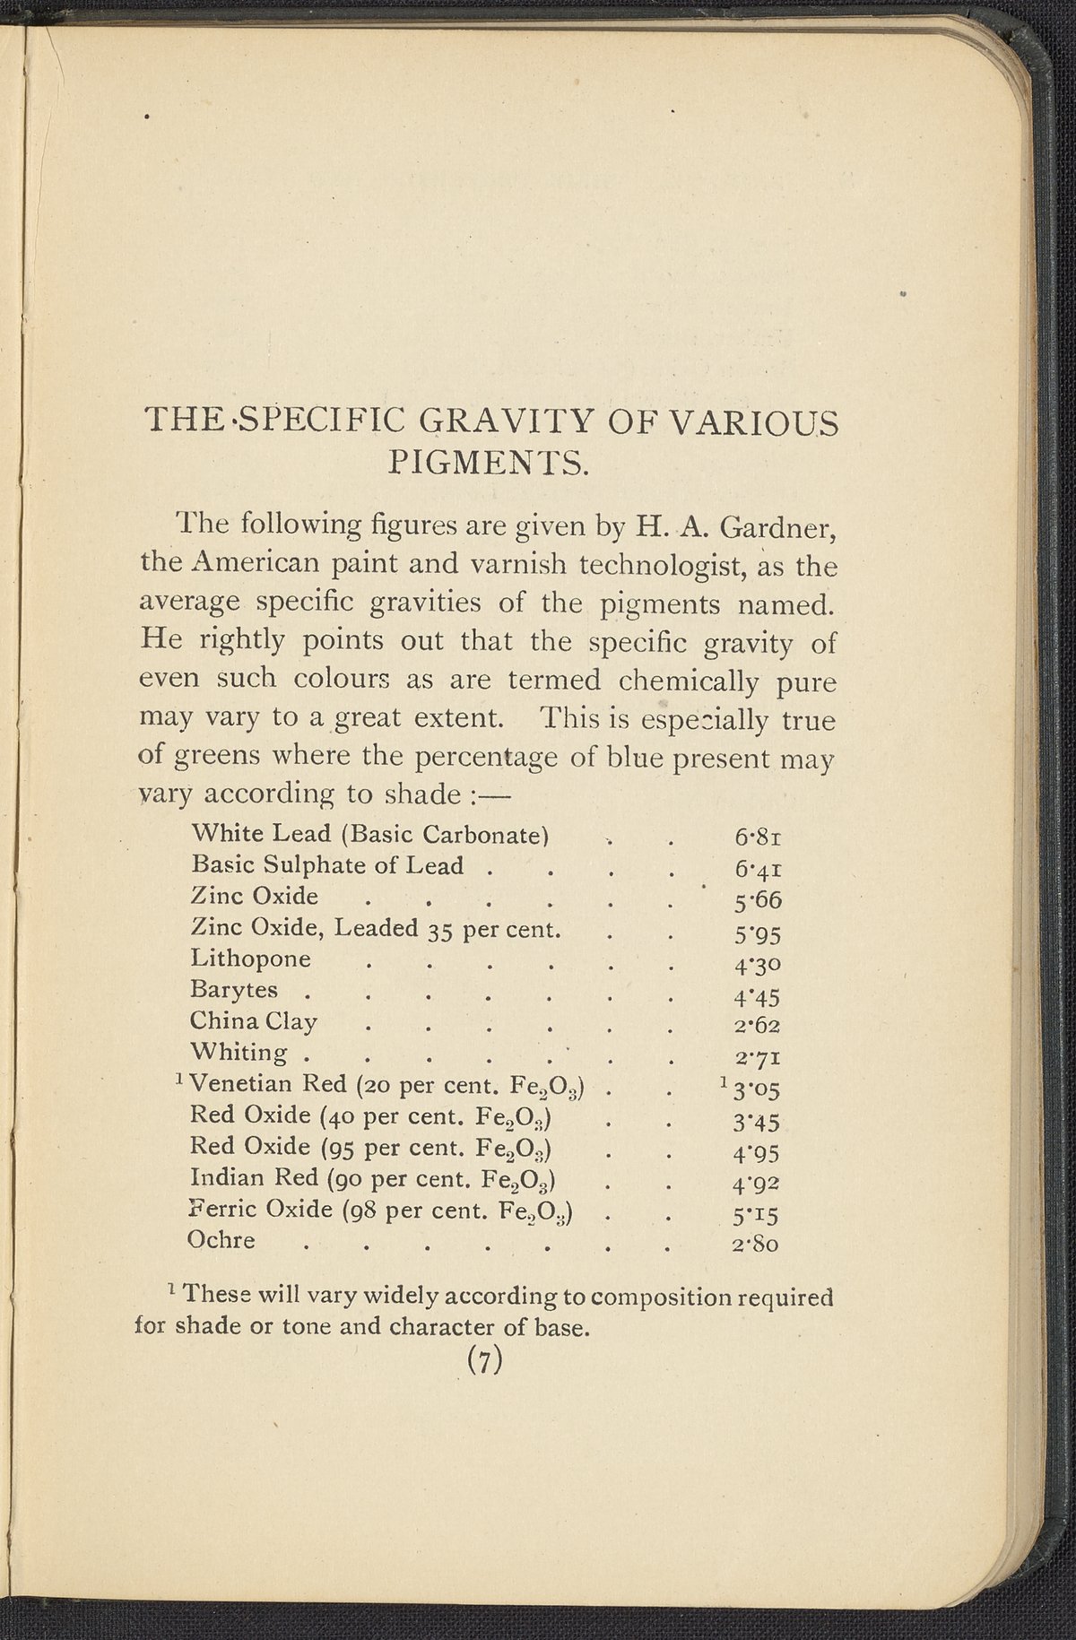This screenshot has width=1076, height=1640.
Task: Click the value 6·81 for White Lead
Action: coord(759,839)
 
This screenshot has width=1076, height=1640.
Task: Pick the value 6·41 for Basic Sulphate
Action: coord(759,871)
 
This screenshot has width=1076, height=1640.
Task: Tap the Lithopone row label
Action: coord(251,959)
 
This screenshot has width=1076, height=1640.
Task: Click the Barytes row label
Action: coord(234,991)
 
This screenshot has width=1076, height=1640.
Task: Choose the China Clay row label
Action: coord(254,1022)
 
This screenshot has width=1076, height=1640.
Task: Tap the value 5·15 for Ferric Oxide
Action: coord(757,1216)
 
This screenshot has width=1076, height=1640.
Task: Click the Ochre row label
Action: coord(221,1241)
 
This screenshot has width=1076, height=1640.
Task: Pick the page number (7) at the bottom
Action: coord(483,1360)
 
